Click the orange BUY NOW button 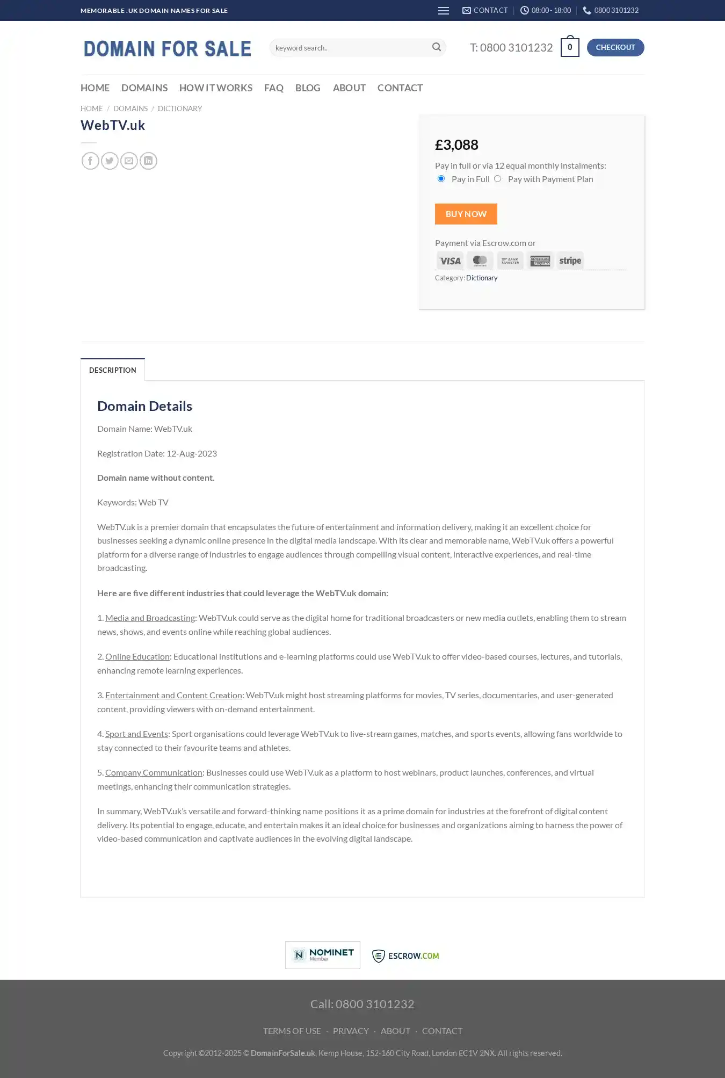466,214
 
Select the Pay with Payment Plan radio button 498,179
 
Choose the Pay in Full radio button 441,179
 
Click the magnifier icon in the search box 437,47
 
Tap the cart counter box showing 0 570,47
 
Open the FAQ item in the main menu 273,88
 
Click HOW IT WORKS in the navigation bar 216,88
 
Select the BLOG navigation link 308,88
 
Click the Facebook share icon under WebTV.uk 90,161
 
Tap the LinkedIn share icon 148,161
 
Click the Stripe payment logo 570,261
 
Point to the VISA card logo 450,261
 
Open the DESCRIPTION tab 113,370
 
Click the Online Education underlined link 137,656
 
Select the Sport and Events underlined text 136,734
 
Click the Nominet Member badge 323,954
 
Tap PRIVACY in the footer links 351,1031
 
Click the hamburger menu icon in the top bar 444,11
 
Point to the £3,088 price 456,145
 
